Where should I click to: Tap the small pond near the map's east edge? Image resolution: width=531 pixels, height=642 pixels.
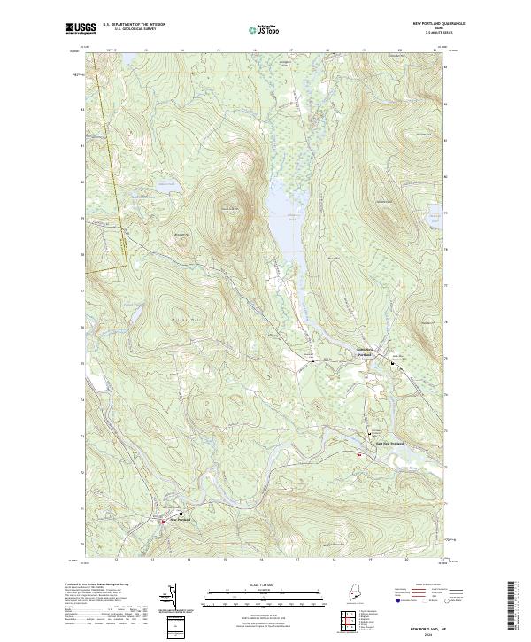434,213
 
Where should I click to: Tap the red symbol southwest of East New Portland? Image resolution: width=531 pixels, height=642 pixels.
359,455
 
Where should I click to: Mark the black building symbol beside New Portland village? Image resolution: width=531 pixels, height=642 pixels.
182,514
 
